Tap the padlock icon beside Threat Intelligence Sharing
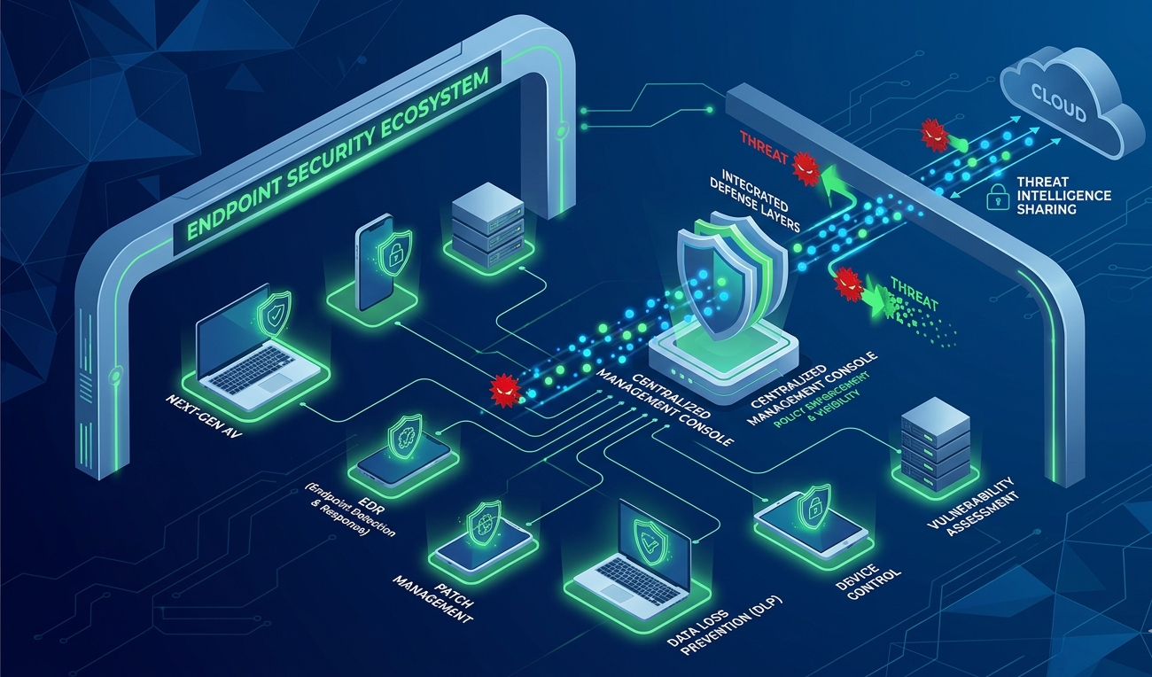pyautogui.click(x=999, y=198)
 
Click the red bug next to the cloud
pyautogui.click(x=932, y=135)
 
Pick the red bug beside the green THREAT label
pyautogui.click(x=850, y=283)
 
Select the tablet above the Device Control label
pyautogui.click(x=811, y=523)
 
